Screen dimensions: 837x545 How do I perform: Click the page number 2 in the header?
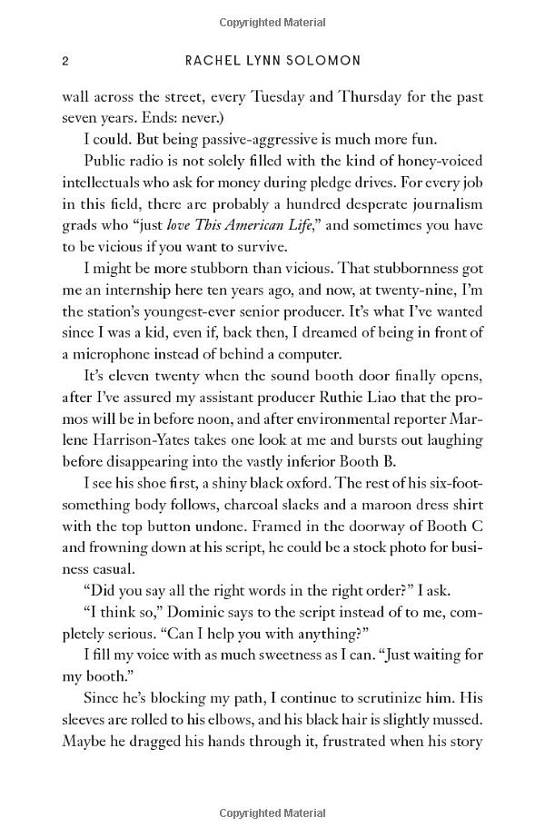(64, 61)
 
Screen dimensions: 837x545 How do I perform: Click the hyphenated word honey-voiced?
(442, 162)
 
